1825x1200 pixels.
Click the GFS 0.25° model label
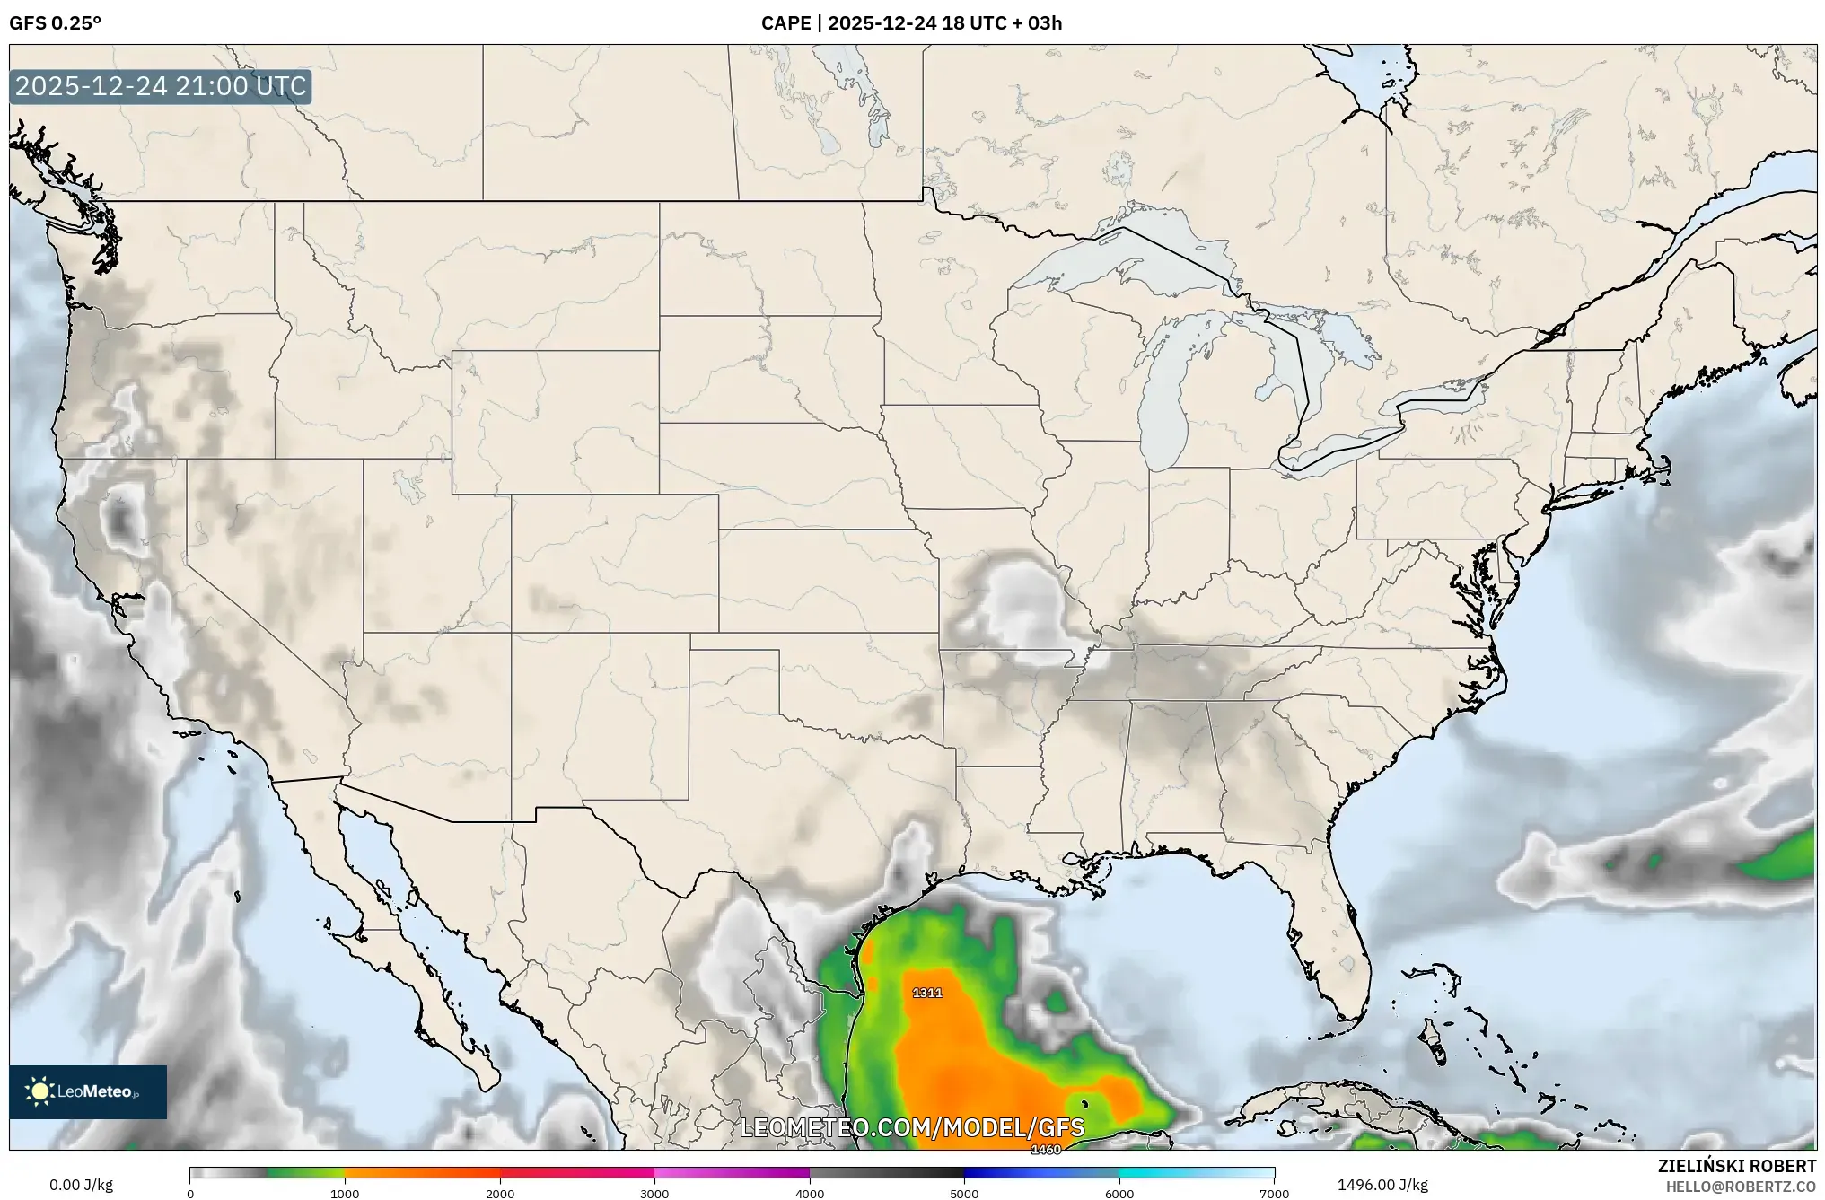point(55,23)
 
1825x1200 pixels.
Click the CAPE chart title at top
point(911,23)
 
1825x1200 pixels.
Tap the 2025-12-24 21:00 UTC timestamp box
point(161,86)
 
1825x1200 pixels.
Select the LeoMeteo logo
point(88,1091)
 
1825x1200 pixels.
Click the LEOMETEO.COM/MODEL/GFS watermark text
point(911,1127)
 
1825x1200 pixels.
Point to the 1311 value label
point(927,993)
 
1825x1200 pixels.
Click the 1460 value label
point(1046,1150)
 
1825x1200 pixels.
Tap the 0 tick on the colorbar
point(190,1194)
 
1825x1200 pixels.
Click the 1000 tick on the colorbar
point(345,1194)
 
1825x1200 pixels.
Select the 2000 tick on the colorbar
point(500,1194)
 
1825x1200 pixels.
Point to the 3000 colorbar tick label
point(654,1194)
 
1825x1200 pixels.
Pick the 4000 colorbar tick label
point(810,1194)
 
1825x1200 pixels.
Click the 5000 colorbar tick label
point(964,1194)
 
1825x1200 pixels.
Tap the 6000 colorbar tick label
point(1119,1194)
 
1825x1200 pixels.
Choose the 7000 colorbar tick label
point(1274,1194)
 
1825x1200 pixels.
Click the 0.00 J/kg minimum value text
point(81,1185)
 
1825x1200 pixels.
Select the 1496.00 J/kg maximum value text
point(1382,1185)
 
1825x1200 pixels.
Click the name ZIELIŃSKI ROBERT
point(1736,1166)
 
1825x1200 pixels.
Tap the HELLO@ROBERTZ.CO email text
point(1741,1187)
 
